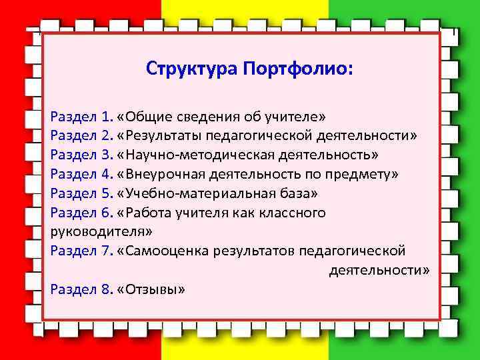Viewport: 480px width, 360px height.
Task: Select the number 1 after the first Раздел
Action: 107,117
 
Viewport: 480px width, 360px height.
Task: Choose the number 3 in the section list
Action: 107,155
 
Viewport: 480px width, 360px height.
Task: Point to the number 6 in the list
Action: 107,213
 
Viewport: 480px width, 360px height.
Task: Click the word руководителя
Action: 101,232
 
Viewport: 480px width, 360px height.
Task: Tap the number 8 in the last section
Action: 107,289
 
